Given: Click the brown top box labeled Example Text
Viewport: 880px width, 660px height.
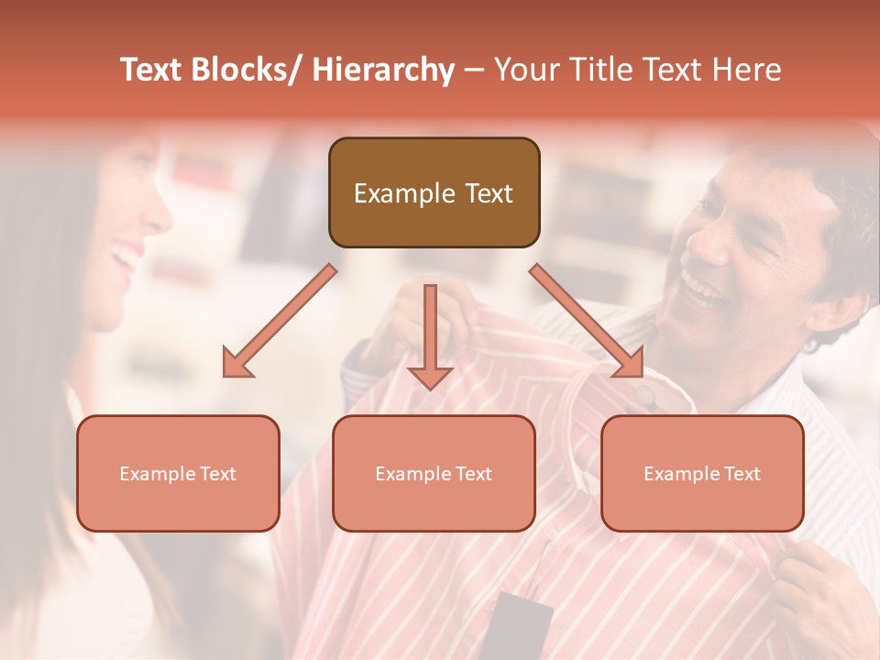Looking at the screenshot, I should click(x=434, y=192).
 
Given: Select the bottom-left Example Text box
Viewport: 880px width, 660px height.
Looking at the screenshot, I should click(x=178, y=473).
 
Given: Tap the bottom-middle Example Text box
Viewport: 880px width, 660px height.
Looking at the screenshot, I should click(x=434, y=473).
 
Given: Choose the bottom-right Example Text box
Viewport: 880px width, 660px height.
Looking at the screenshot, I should click(x=702, y=473).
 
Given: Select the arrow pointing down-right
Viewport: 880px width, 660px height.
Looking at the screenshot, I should click(x=588, y=321).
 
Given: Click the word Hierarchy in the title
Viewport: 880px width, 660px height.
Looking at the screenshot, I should click(x=382, y=70).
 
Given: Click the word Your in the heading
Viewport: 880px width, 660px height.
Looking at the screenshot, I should click(x=526, y=70).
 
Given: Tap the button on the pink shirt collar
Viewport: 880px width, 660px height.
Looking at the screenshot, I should click(x=647, y=396).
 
